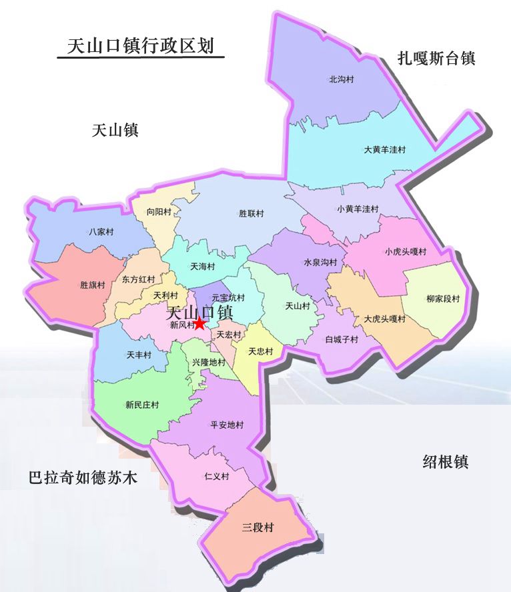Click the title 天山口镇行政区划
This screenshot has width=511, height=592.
point(140,45)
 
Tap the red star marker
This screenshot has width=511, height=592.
point(199,323)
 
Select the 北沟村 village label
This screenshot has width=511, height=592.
point(341,79)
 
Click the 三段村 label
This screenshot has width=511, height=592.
point(258,527)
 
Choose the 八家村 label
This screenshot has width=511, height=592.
point(101,232)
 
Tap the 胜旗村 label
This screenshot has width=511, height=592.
point(93,285)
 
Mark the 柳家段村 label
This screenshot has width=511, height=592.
point(443,299)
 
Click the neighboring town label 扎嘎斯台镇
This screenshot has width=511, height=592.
point(436,58)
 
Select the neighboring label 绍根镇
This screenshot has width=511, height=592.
point(446,461)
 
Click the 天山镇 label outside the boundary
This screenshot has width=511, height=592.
point(115,130)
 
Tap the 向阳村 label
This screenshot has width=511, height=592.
point(159,212)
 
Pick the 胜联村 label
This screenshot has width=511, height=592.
point(251,214)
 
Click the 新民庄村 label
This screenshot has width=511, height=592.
point(141,404)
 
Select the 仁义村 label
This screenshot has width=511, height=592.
point(217,477)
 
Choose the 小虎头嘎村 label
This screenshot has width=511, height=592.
point(405,251)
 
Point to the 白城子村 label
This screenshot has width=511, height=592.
point(342,339)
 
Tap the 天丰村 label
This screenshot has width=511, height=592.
point(139,355)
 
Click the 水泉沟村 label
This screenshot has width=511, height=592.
point(320,263)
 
